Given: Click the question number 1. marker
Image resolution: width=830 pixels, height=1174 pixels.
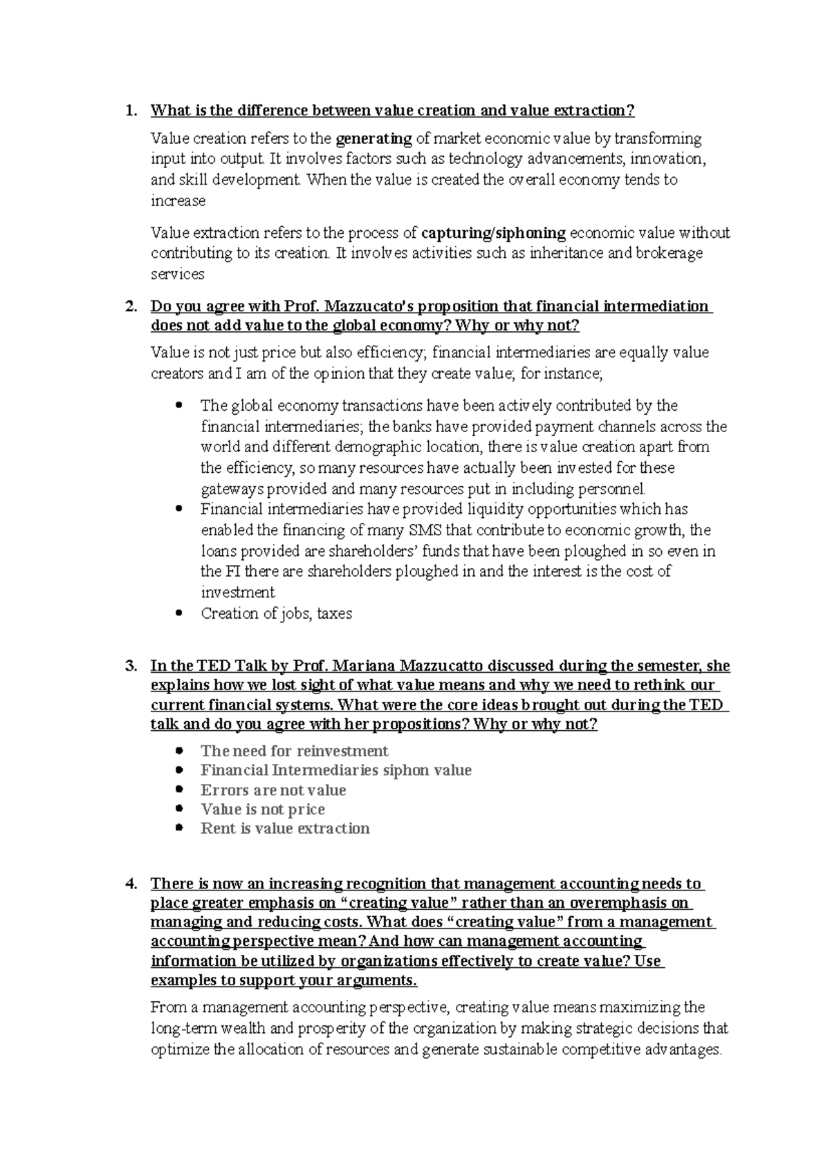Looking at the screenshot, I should pyautogui.click(x=130, y=111).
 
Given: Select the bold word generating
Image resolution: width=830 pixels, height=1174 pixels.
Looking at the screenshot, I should pyautogui.click(x=373, y=139).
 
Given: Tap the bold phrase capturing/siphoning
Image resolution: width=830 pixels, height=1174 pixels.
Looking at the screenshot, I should pyautogui.click(x=493, y=233).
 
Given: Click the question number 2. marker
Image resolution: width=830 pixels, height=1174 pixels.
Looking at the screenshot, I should pyautogui.click(x=130, y=306).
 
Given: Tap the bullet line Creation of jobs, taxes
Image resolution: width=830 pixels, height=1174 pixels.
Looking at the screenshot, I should pyautogui.click(x=276, y=613).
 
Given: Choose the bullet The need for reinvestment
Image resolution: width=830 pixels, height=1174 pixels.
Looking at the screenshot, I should pyautogui.click(x=294, y=751).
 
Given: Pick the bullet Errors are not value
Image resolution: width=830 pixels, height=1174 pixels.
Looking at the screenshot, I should pyautogui.click(x=273, y=790).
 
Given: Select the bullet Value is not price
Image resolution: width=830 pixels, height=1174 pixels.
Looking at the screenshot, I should pyautogui.click(x=262, y=810).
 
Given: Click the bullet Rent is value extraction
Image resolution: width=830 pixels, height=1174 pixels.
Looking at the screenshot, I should pyautogui.click(x=285, y=828).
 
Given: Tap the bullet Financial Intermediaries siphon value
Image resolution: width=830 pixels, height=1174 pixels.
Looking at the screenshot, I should pyautogui.click(x=335, y=770).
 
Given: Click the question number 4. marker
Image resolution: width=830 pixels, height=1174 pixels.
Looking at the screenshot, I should pyautogui.click(x=130, y=884).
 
